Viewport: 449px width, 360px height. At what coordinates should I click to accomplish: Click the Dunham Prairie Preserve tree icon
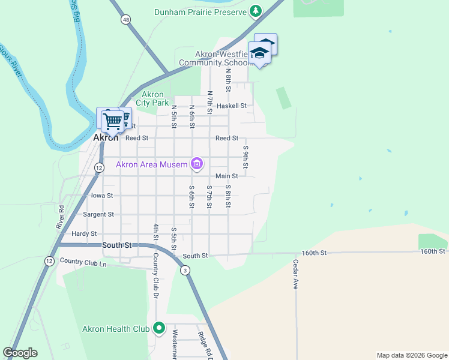256,11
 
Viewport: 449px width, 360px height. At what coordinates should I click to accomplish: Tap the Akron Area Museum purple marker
197,163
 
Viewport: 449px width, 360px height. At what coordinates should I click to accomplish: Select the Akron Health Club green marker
159,328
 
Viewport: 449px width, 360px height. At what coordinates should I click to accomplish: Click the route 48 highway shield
125,20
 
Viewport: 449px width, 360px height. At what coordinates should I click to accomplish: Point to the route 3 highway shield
186,271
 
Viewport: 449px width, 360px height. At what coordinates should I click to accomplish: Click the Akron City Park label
152,98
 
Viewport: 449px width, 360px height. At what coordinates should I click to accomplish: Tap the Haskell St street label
231,106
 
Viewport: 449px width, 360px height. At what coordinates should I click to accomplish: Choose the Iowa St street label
101,196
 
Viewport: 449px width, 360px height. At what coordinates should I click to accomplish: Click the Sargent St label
98,214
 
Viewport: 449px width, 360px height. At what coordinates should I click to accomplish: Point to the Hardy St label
84,233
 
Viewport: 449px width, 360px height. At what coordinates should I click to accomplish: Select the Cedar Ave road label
296,275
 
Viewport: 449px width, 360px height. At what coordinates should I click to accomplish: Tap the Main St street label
227,176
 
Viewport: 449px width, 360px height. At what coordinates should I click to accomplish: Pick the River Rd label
61,217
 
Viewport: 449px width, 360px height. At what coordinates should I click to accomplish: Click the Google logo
20,353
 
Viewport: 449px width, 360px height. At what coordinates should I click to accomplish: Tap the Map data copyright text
411,355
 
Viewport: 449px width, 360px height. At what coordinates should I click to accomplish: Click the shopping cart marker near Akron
112,121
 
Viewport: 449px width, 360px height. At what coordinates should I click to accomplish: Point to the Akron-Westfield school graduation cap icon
260,53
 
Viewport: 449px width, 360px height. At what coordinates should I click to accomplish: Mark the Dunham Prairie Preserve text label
200,11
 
